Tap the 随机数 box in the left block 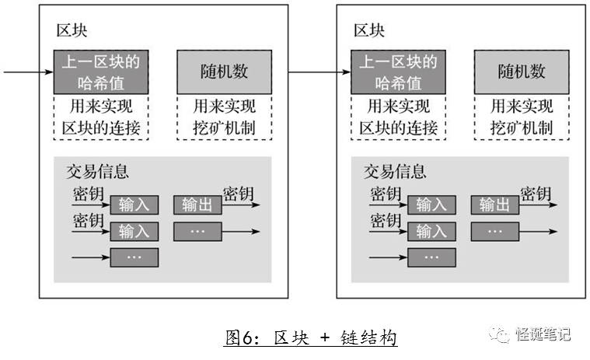click(x=225, y=72)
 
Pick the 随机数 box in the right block click(x=522, y=72)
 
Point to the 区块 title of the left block click(x=72, y=31)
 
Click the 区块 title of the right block click(x=369, y=31)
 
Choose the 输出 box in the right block click(x=494, y=204)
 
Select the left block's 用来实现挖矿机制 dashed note click(x=225, y=117)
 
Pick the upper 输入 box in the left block click(x=134, y=204)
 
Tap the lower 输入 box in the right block click(x=431, y=231)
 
